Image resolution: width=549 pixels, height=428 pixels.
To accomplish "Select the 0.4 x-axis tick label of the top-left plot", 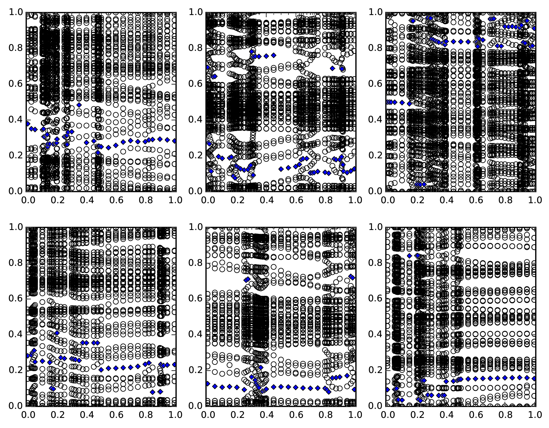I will click(x=86, y=200).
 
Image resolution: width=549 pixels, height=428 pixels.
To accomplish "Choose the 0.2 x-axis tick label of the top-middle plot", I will click(x=236, y=200).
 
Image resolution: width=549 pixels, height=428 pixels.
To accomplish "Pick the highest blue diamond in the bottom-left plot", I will click(x=57, y=333).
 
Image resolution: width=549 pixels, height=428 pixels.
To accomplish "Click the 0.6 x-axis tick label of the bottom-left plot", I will click(x=116, y=415).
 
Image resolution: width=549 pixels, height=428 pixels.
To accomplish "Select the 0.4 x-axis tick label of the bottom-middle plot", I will click(x=266, y=415).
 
